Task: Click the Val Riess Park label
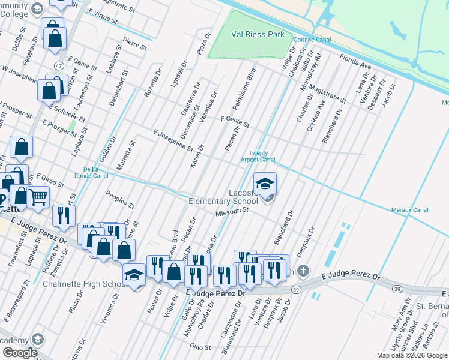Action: coord(259,35)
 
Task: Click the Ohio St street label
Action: coord(200,347)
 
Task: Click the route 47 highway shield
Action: coord(58,65)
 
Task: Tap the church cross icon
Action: coord(303,271)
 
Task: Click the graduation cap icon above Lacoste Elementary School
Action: coord(265,184)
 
